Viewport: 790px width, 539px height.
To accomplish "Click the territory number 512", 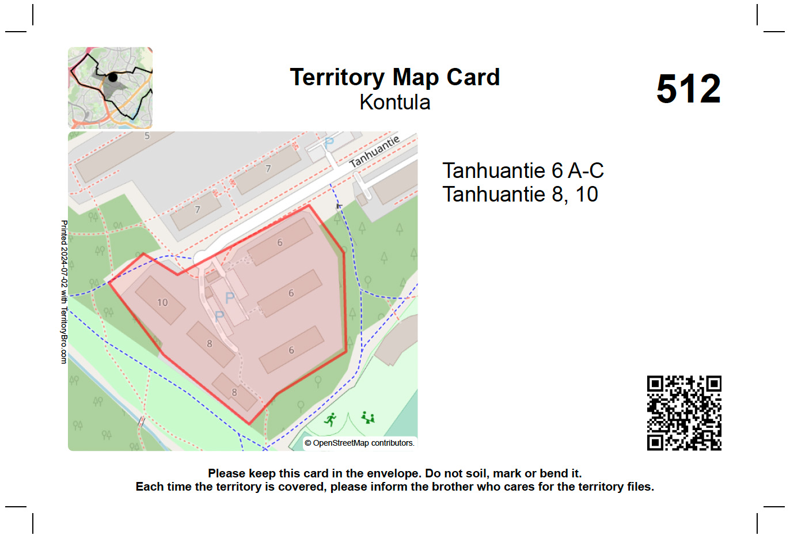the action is coord(688,89).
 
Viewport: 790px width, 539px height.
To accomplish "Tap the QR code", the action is coord(684,413).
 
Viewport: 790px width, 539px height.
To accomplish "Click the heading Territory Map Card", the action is coord(394,77).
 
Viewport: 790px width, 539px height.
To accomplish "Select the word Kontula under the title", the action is coord(394,103).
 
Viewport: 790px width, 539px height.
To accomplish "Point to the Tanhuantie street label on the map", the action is coord(374,151).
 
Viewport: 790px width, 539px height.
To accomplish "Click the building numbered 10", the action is coord(161,301).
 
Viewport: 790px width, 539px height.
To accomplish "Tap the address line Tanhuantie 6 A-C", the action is coord(522,170).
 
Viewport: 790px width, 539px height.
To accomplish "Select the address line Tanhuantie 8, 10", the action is coord(519,195).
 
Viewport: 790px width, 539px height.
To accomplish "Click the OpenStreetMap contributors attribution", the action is coord(359,443).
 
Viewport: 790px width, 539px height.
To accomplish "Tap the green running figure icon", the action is coord(331,419).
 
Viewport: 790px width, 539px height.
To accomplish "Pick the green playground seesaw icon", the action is coord(368,417).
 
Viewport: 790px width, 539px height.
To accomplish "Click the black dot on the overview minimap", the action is coord(113,77).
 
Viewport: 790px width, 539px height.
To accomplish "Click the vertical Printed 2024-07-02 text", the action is coord(64,291).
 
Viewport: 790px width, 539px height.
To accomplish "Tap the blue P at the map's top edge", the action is coord(329,142).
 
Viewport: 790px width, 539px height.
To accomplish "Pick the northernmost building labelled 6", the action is coord(280,242).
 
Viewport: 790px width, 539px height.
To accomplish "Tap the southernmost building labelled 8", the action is coord(234,392).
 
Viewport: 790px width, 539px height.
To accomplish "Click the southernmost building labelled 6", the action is coord(291,350).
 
